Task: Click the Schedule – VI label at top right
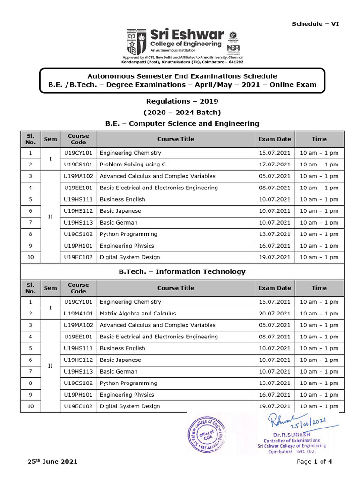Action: pyautogui.click(x=315, y=24)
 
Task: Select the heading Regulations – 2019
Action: pyautogui.click(x=182, y=101)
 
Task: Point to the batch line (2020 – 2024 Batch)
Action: pyautogui.click(x=182, y=112)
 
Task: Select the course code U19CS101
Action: pyautogui.click(x=78, y=165)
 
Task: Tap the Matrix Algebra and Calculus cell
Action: pyautogui.click(x=138, y=314)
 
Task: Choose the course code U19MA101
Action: pyautogui.click(x=78, y=314)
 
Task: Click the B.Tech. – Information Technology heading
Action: pyautogui.click(x=182, y=272)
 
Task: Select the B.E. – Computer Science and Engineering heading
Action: pyautogui.click(x=182, y=124)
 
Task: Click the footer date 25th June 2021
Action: pyautogui.click(x=52, y=462)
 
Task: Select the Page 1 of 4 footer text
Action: pyautogui.click(x=315, y=462)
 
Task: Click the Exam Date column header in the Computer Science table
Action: pyautogui.click(x=274, y=139)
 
